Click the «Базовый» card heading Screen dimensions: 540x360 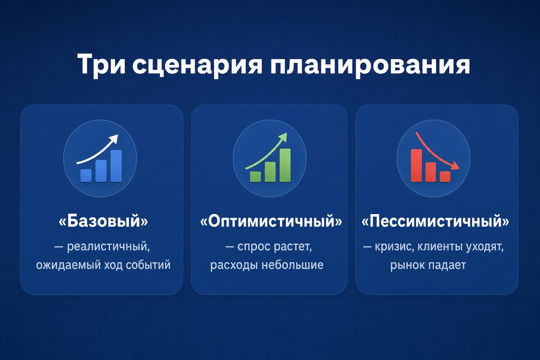103,221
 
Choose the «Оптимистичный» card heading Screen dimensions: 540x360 271,221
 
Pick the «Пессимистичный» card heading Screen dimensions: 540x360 436,221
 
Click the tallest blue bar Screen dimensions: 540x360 116,166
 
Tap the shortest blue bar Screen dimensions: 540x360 86,175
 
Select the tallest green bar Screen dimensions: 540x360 285,165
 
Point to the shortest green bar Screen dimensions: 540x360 255,176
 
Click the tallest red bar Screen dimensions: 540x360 416,165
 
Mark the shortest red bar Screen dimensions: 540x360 445,176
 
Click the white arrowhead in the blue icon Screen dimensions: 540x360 113,139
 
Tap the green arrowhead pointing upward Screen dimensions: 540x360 283,137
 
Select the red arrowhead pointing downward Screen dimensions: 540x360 454,166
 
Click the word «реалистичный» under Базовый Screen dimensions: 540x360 108,247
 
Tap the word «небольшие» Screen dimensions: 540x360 292,265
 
